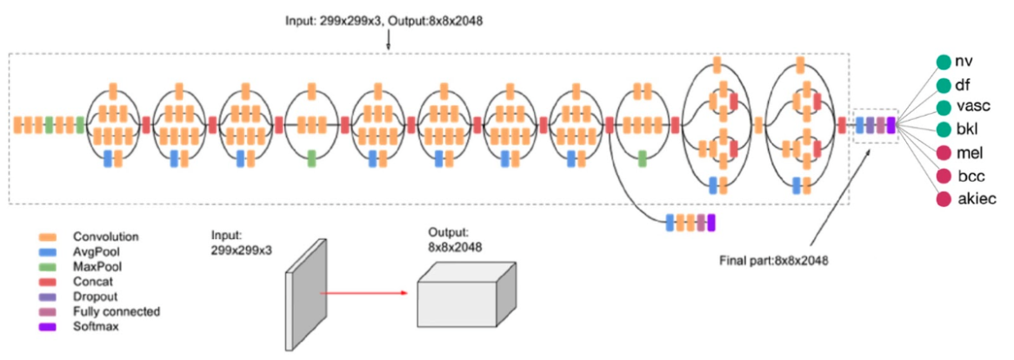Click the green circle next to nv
point(943,62)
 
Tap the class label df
point(963,84)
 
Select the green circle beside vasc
point(943,107)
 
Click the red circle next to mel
point(943,153)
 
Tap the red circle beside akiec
point(943,199)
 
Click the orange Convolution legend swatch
point(48,237)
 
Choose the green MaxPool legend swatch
point(48,267)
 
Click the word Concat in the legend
point(92,282)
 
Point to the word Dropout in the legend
point(95,297)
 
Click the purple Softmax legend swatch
point(48,327)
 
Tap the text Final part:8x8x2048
point(774,260)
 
